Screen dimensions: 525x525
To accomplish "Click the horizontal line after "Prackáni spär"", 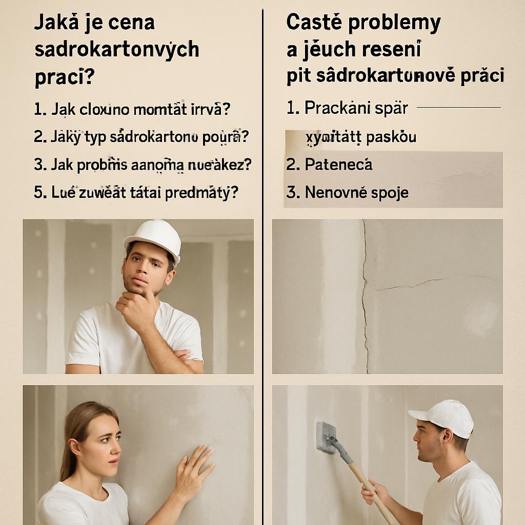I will point(458,108).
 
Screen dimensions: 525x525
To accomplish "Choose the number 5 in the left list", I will point(38,193).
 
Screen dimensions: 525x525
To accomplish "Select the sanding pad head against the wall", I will point(326,437).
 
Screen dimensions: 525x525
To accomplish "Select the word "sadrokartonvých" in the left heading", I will point(117,50).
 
